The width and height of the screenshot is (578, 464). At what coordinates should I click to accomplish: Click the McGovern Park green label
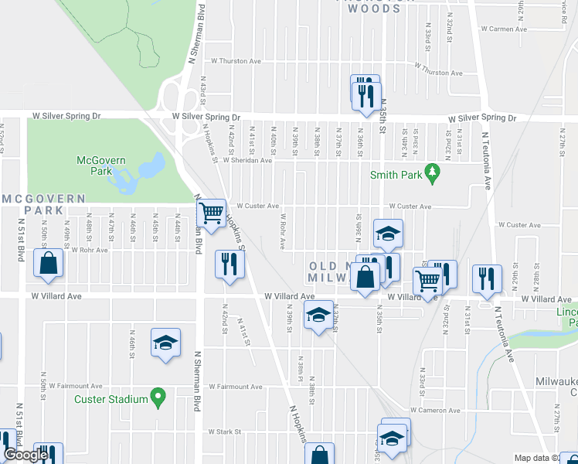pos(95,165)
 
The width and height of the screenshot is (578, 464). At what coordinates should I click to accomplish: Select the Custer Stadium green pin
pos(158,399)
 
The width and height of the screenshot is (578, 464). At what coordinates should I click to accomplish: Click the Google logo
pos(26,455)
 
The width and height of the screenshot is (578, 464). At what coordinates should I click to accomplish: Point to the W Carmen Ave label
pos(503,29)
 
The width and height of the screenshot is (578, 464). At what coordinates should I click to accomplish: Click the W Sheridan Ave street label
pos(247,161)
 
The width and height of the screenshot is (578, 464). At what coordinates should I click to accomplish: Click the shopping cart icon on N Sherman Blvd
pos(211,212)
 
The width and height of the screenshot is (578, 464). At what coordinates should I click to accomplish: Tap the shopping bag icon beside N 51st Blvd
pos(49,263)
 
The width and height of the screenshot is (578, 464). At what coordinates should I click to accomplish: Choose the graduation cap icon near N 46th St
pos(165,342)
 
